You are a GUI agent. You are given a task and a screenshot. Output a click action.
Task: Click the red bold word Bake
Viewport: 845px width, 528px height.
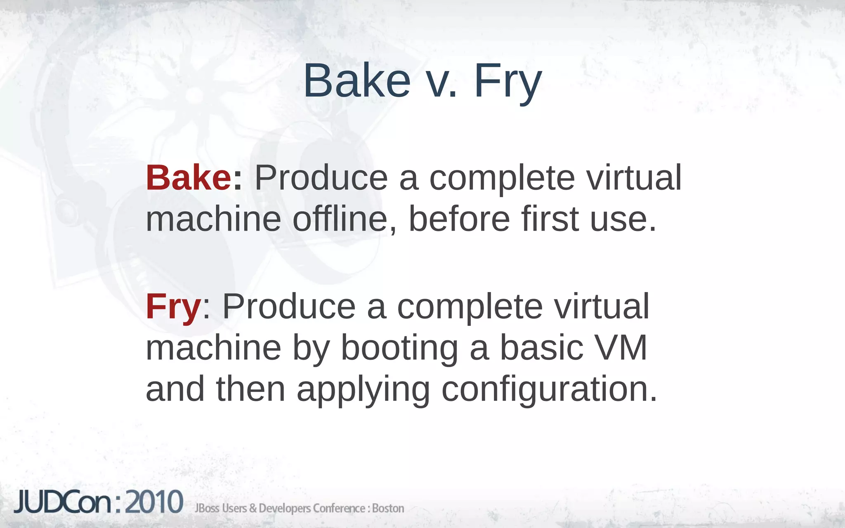188,178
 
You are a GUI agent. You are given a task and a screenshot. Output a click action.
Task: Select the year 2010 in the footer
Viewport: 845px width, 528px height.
154,502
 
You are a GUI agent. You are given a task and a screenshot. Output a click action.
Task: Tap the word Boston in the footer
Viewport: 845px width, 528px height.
388,508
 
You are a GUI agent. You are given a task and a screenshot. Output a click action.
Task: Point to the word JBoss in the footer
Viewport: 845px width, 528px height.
207,508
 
